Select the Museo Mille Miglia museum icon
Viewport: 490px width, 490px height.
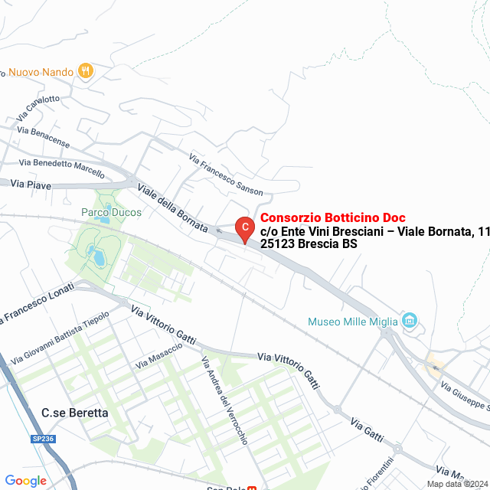click(410, 320)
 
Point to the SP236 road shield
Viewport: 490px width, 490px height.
click(43, 437)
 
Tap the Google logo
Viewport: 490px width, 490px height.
click(26, 481)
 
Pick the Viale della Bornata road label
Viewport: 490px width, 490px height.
click(172, 207)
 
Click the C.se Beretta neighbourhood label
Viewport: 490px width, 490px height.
click(75, 413)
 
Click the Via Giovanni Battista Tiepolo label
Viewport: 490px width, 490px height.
click(60, 337)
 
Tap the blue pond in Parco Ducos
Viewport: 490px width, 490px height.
click(99, 256)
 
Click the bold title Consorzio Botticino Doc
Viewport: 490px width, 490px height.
click(333, 217)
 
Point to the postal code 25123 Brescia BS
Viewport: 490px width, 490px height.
click(309, 244)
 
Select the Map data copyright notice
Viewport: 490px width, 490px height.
click(458, 484)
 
